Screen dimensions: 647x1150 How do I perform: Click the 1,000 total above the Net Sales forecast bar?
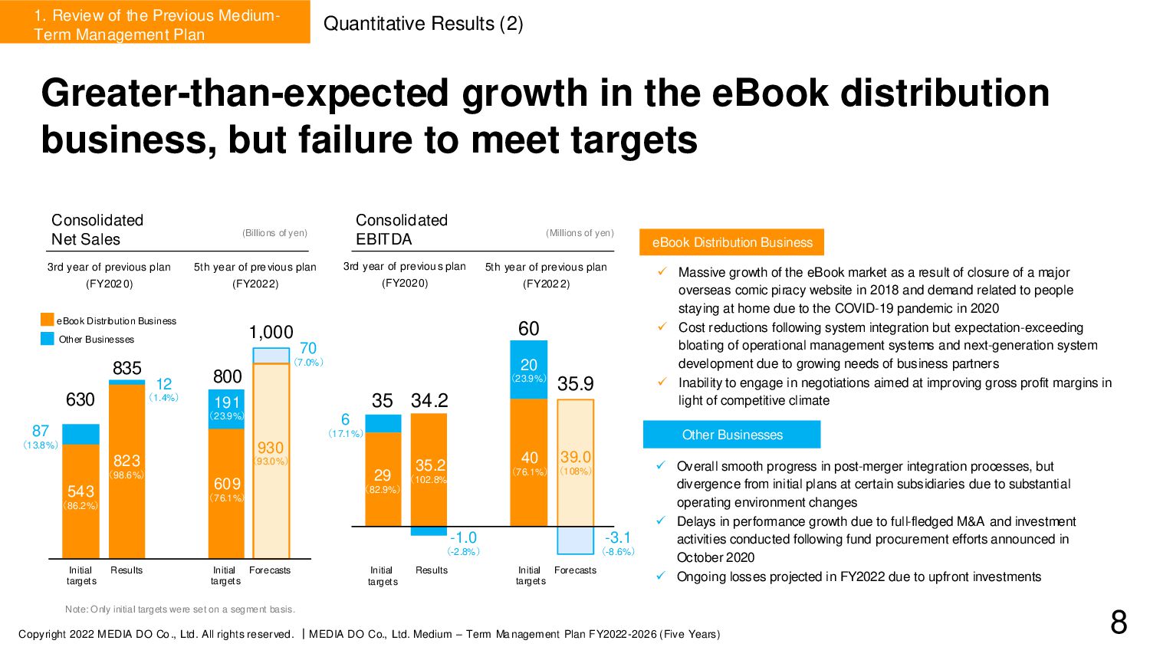pyautogui.click(x=271, y=332)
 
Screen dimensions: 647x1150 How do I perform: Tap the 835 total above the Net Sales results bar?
pyautogui.click(x=127, y=368)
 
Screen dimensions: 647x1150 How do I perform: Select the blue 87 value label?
pyautogui.click(x=41, y=431)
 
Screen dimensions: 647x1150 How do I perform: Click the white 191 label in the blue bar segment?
pyautogui.click(x=227, y=402)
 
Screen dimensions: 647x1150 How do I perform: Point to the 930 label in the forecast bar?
pyautogui.click(x=271, y=448)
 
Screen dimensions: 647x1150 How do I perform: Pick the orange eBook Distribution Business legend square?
pyautogui.click(x=48, y=320)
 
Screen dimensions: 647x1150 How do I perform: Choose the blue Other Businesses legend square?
pyautogui.click(x=48, y=339)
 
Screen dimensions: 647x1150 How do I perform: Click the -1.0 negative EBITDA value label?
pyautogui.click(x=463, y=537)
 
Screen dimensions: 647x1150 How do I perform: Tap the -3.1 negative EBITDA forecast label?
pyautogui.click(x=617, y=537)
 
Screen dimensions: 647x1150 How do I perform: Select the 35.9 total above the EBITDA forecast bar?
pyautogui.click(x=575, y=383)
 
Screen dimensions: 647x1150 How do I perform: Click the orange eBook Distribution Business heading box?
pyautogui.click(x=732, y=242)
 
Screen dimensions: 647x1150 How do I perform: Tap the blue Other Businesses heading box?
pyautogui.click(x=732, y=435)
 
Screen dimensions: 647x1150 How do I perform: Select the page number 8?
pyautogui.click(x=1119, y=622)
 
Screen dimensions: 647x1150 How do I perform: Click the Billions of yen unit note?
pyautogui.click(x=274, y=233)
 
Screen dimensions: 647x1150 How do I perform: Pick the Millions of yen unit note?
pyautogui.click(x=580, y=233)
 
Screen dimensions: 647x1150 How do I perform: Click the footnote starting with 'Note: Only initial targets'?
pyautogui.click(x=180, y=609)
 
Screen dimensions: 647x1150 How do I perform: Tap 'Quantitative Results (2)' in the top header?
pyautogui.click(x=423, y=24)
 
